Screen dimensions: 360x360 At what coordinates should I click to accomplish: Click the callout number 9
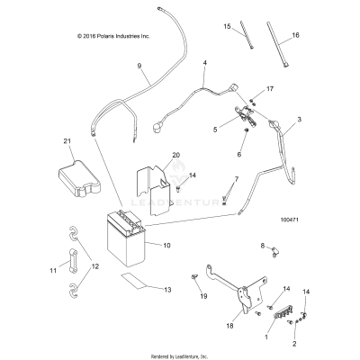point(139,66)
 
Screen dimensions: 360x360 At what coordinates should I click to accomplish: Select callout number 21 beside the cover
point(67,141)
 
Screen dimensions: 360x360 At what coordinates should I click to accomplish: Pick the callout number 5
point(215,129)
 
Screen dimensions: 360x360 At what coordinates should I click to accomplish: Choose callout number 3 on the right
point(325,118)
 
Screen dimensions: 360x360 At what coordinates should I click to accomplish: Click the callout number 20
point(176,155)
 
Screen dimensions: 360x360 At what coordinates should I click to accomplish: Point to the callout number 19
point(204,295)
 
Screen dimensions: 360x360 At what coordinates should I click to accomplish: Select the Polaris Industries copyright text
point(102,36)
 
